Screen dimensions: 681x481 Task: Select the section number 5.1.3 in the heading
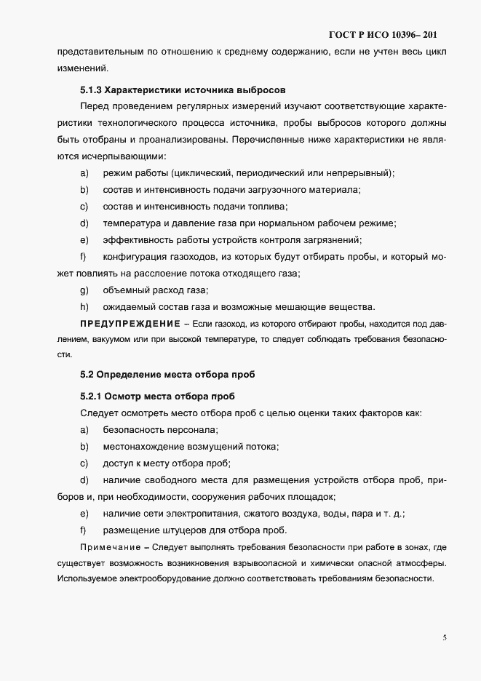(91, 90)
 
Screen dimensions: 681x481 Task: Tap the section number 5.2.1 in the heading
(91, 397)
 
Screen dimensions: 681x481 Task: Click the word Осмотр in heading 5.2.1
(124, 397)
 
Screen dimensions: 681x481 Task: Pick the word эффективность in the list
(137, 240)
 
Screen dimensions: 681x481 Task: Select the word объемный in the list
(126, 290)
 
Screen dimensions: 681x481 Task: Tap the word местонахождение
(146, 447)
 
